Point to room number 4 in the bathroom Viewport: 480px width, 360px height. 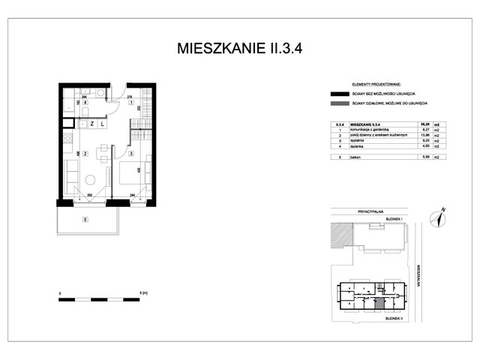pyautogui.click(x=85, y=102)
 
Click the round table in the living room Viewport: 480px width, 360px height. pyautogui.click(x=90, y=180)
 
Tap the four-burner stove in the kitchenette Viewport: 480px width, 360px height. pyautogui.click(x=66, y=139)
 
